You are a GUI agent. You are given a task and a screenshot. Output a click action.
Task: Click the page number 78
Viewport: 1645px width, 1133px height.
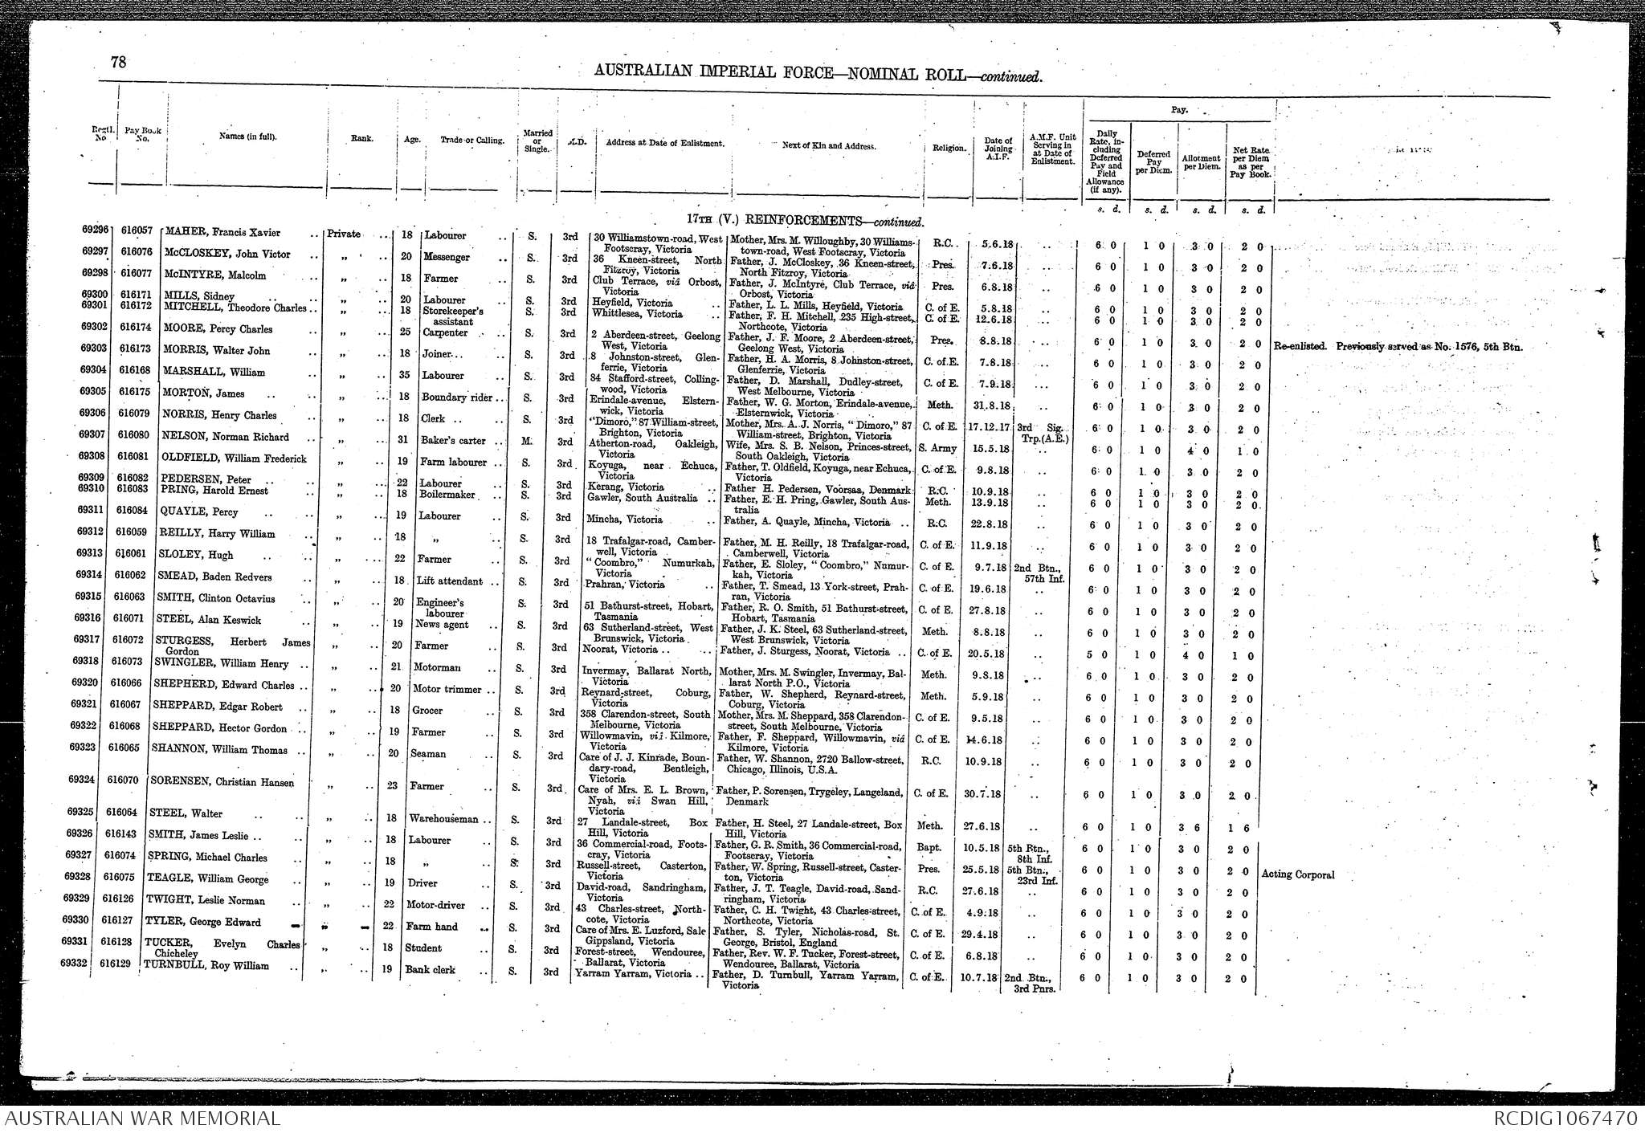pos(118,62)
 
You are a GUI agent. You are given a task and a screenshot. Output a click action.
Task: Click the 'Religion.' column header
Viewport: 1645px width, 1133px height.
pos(949,148)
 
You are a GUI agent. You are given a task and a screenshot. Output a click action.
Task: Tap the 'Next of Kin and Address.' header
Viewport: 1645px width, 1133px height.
pos(828,146)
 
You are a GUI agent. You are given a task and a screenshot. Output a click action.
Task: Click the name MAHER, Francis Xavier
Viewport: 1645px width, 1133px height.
pos(222,233)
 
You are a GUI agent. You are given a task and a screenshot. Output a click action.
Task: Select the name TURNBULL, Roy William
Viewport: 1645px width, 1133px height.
pos(206,966)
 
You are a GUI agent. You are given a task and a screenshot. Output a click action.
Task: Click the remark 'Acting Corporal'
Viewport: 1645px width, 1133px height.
pos(1298,874)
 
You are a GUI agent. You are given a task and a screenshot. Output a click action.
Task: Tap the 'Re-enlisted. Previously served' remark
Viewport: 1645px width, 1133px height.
pos(1398,348)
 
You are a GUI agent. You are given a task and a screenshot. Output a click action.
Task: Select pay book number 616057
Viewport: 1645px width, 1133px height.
pos(137,230)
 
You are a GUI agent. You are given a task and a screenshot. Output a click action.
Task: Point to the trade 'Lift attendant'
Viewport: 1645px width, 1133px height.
pos(450,581)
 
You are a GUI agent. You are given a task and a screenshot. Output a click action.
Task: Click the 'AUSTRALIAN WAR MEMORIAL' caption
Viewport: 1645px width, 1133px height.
pos(141,1119)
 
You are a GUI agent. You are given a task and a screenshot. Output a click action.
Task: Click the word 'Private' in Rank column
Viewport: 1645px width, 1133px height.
pos(345,234)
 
